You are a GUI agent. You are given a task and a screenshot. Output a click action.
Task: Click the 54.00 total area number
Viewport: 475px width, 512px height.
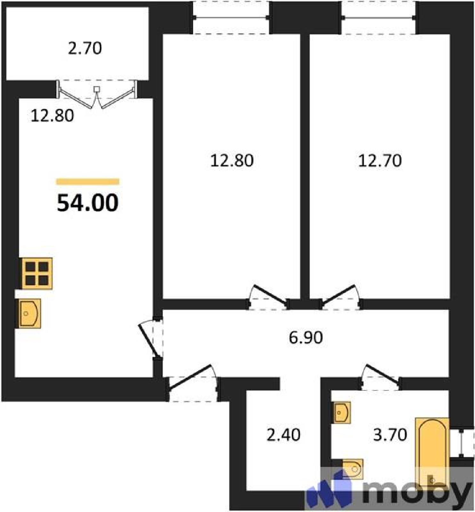[88, 203]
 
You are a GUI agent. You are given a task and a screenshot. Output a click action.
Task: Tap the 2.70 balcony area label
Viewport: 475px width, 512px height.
[85, 49]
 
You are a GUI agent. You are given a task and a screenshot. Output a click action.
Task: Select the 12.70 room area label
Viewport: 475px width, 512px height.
[380, 161]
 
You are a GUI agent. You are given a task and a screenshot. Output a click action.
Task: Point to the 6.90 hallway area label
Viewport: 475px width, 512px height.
[306, 338]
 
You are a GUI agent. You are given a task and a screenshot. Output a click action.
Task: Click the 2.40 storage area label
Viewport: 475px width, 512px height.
[283, 435]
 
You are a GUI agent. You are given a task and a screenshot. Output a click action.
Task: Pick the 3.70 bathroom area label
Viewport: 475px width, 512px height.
[390, 435]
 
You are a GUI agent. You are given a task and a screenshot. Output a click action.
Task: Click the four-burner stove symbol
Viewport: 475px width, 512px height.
[37, 274]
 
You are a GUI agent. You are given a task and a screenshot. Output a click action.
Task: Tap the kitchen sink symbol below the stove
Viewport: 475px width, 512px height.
[28, 314]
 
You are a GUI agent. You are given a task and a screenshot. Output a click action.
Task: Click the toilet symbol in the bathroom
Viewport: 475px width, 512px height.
[352, 469]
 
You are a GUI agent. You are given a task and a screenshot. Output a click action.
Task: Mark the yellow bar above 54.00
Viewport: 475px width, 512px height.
[88, 182]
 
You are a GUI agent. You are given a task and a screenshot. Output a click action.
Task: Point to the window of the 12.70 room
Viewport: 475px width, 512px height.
[378, 18]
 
